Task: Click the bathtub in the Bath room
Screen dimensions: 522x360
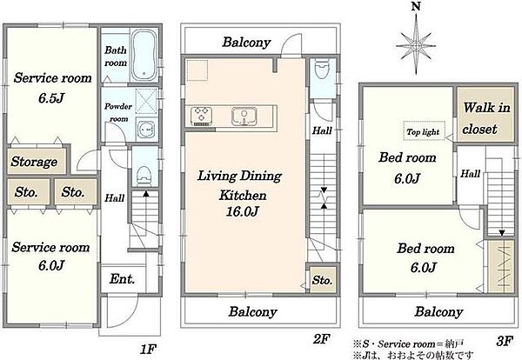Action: [144, 56]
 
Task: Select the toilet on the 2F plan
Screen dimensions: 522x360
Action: [322, 69]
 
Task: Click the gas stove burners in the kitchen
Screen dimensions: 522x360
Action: [201, 116]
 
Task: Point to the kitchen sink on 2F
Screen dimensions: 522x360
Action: [244, 117]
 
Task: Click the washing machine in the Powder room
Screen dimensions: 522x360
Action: [146, 129]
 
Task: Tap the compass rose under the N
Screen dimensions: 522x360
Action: [416, 45]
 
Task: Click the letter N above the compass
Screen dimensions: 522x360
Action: [416, 7]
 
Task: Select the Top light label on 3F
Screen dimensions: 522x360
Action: [423, 132]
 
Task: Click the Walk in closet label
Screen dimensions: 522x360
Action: [486, 118]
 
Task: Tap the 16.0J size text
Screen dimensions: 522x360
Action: [243, 211]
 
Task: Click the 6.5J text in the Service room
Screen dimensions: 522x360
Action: [51, 98]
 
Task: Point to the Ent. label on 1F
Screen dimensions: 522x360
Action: [122, 279]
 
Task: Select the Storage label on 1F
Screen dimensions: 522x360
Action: [34, 162]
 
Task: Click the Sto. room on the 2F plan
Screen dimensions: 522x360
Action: [322, 280]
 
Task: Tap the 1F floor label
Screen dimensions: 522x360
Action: [148, 349]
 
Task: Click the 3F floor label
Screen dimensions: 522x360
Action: [505, 342]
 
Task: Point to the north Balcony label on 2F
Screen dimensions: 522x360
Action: [246, 43]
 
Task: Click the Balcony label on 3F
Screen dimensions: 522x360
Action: [438, 312]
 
